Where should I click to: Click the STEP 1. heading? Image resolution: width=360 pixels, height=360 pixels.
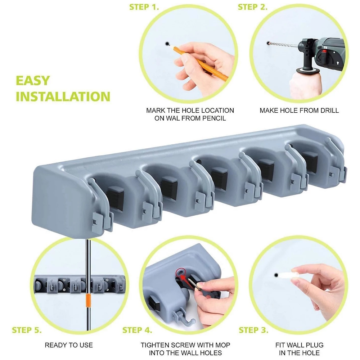[144, 7]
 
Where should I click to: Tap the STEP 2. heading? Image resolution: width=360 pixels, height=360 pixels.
[253, 7]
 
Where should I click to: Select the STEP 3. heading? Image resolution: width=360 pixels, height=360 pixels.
[253, 330]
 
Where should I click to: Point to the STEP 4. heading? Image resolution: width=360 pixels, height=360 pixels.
[137, 330]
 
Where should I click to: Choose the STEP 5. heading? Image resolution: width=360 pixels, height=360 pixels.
[27, 330]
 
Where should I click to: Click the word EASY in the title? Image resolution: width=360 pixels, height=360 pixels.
[33, 81]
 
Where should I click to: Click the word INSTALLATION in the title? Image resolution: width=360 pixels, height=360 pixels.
[63, 96]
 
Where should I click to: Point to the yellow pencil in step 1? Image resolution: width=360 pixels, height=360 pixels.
[200, 63]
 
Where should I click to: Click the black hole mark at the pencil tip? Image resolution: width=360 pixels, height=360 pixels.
[167, 44]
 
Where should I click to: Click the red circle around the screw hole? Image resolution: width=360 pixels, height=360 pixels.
[180, 273]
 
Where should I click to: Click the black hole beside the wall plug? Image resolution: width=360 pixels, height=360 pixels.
[276, 275]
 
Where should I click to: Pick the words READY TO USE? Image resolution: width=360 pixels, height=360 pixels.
[69, 345]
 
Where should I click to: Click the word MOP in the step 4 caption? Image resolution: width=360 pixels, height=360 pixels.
[223, 345]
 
